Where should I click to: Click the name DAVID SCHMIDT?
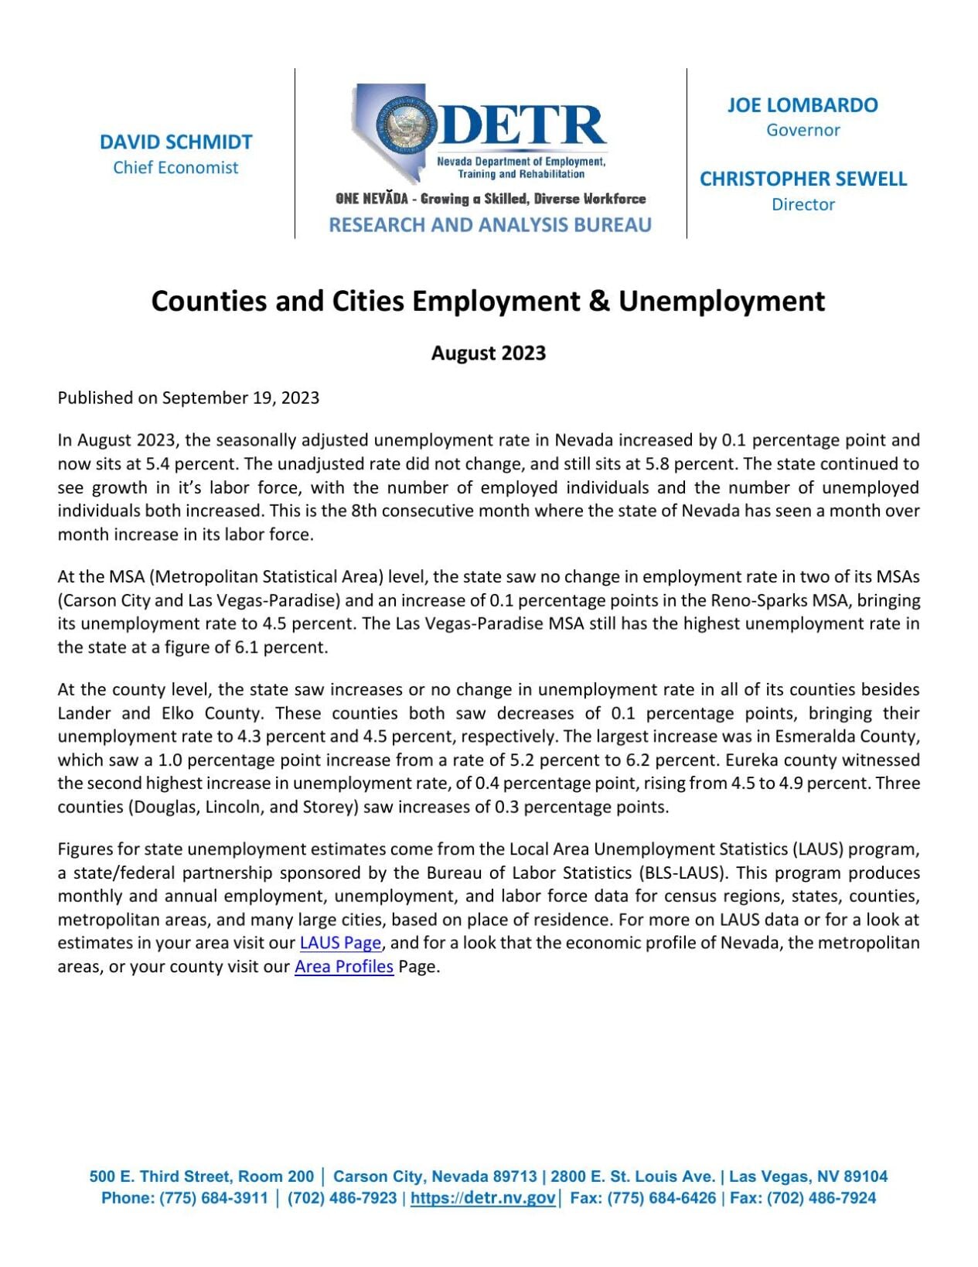tap(175, 142)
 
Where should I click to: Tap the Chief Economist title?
tap(175, 168)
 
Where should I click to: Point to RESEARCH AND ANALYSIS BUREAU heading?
tap(489, 225)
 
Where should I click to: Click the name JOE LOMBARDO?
tap(803, 105)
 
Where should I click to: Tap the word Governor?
tap(803, 130)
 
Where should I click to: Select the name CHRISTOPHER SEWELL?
tap(803, 179)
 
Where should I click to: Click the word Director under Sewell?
tap(803, 205)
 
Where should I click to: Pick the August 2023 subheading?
tap(489, 353)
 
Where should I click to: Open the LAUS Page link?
tap(340, 943)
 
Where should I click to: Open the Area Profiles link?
tap(344, 967)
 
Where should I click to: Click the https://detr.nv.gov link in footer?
tap(482, 1198)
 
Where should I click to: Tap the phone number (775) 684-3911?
tap(213, 1198)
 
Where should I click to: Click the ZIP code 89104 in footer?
tap(865, 1176)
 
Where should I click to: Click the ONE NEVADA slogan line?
tap(490, 199)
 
